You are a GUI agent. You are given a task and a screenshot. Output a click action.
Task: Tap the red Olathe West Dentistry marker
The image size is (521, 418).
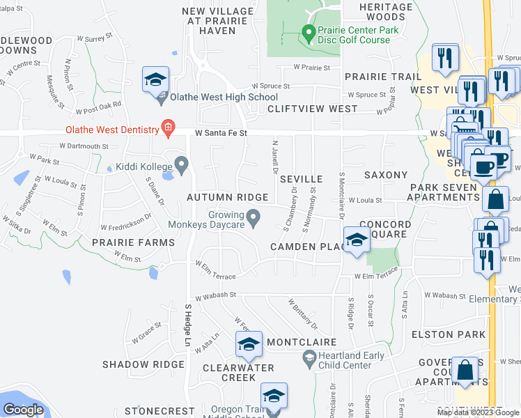tap(167, 127)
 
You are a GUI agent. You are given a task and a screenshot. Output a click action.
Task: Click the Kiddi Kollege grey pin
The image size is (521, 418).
tap(182, 165)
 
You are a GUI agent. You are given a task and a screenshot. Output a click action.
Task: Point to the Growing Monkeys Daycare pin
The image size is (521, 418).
tap(254, 217)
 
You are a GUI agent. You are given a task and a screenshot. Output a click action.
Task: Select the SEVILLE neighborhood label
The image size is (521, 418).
tap(301, 179)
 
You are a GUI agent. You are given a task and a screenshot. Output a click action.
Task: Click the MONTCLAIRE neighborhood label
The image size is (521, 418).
tap(302, 343)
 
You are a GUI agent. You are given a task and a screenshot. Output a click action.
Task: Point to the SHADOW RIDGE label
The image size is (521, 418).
tap(143, 364)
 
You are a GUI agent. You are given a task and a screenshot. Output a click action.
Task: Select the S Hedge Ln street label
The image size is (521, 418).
tap(188, 325)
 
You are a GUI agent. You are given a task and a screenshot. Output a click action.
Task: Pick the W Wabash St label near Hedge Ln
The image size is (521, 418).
tap(216, 296)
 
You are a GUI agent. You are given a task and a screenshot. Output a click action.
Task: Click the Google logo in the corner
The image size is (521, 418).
tap(23, 410)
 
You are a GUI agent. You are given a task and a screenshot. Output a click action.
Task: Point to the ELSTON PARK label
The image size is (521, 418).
tap(458, 334)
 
